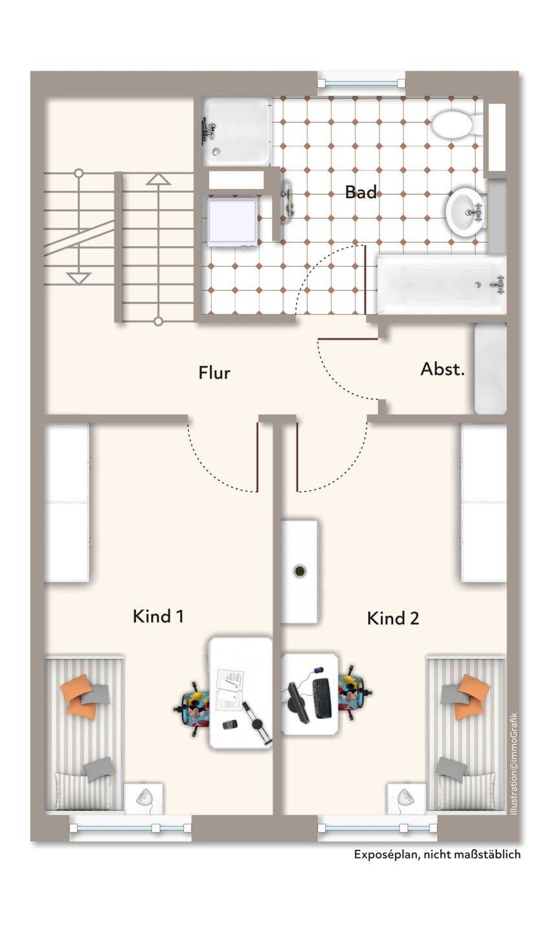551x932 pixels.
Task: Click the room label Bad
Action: [361, 192]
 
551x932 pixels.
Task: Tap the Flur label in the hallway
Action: [214, 373]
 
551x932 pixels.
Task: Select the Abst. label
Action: [443, 369]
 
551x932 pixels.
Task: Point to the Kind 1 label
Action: [158, 616]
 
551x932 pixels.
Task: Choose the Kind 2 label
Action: [393, 618]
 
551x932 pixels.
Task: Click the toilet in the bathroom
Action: [455, 124]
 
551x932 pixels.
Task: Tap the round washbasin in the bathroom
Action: [466, 212]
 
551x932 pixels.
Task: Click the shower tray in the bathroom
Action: [236, 131]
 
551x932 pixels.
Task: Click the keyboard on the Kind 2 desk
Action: [322, 697]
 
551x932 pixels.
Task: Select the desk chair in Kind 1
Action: [194, 707]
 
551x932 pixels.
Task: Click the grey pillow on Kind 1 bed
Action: [98, 768]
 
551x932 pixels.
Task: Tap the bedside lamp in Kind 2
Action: [405, 798]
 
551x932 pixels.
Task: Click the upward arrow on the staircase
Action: [158, 179]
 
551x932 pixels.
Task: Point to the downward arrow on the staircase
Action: [79, 278]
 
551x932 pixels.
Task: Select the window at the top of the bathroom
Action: [361, 83]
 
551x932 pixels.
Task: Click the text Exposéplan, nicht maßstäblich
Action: [437, 854]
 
